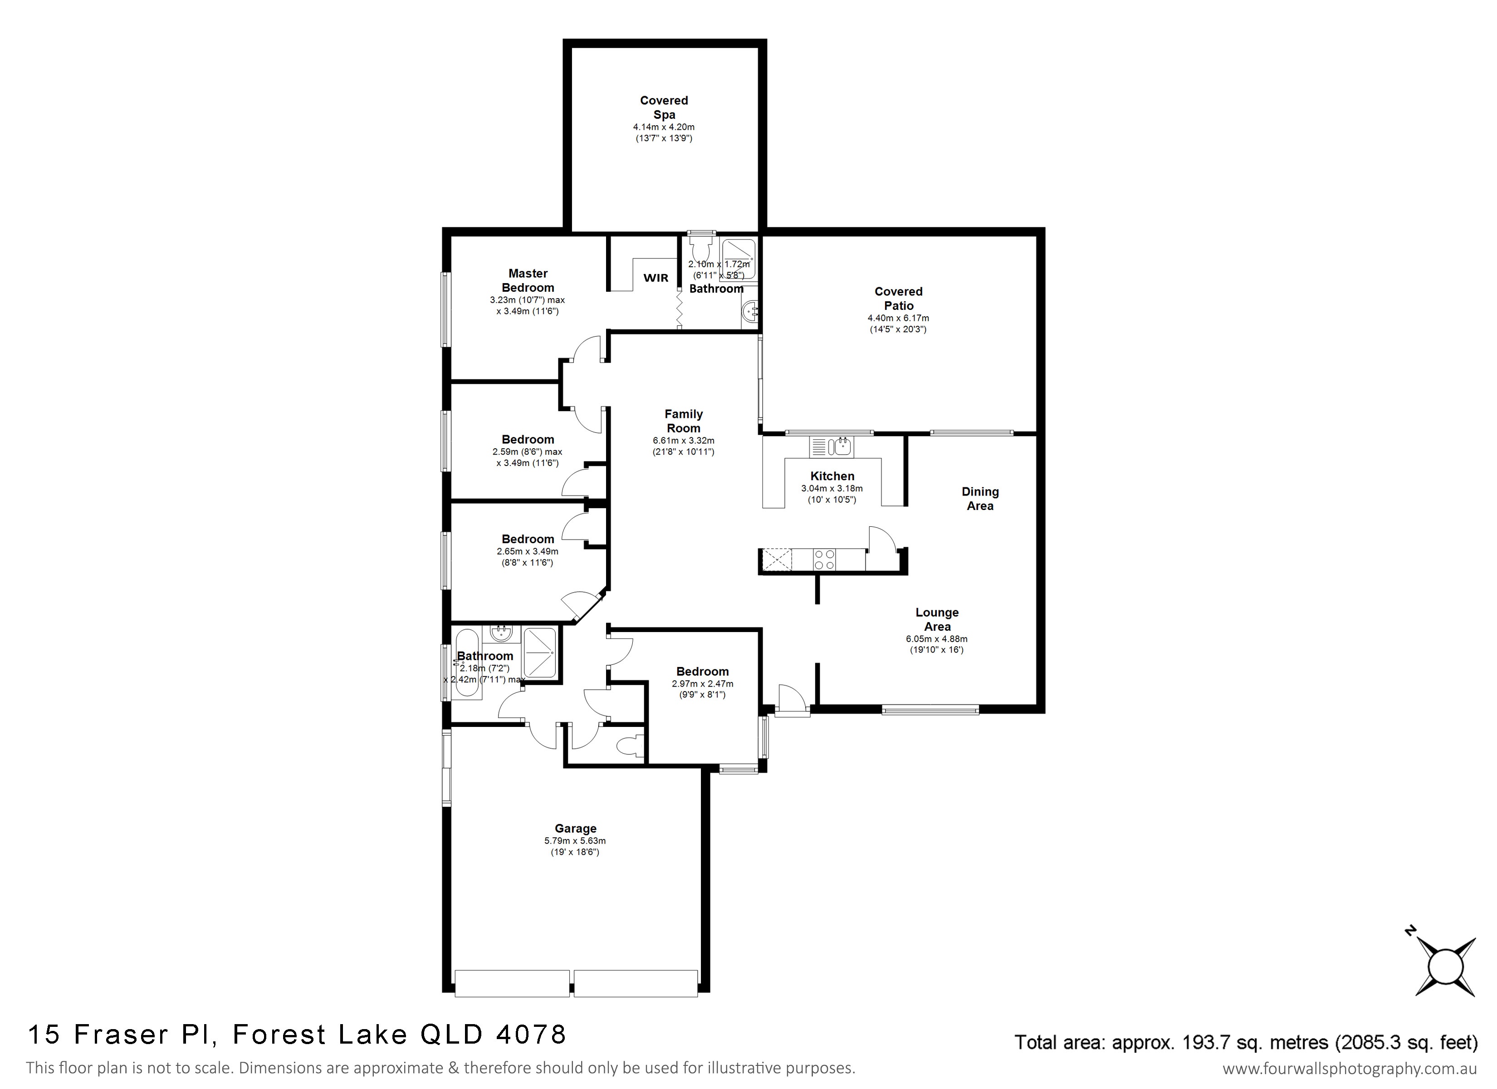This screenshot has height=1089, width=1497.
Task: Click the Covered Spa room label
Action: click(664, 108)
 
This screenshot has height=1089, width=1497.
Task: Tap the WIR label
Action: click(656, 278)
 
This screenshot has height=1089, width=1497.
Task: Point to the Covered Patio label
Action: click(898, 299)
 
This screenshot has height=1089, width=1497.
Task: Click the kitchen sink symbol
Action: click(832, 447)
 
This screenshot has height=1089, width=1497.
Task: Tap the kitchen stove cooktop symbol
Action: click(824, 559)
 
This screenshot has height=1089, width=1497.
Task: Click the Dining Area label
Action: click(980, 499)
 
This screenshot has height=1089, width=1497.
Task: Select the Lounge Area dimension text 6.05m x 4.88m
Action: click(937, 638)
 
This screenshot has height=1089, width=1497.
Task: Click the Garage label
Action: click(576, 828)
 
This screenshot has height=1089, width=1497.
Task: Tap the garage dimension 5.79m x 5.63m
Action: click(575, 841)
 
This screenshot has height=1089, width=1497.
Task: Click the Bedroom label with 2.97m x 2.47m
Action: click(702, 672)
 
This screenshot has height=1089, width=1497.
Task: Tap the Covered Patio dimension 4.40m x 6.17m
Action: click(898, 319)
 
